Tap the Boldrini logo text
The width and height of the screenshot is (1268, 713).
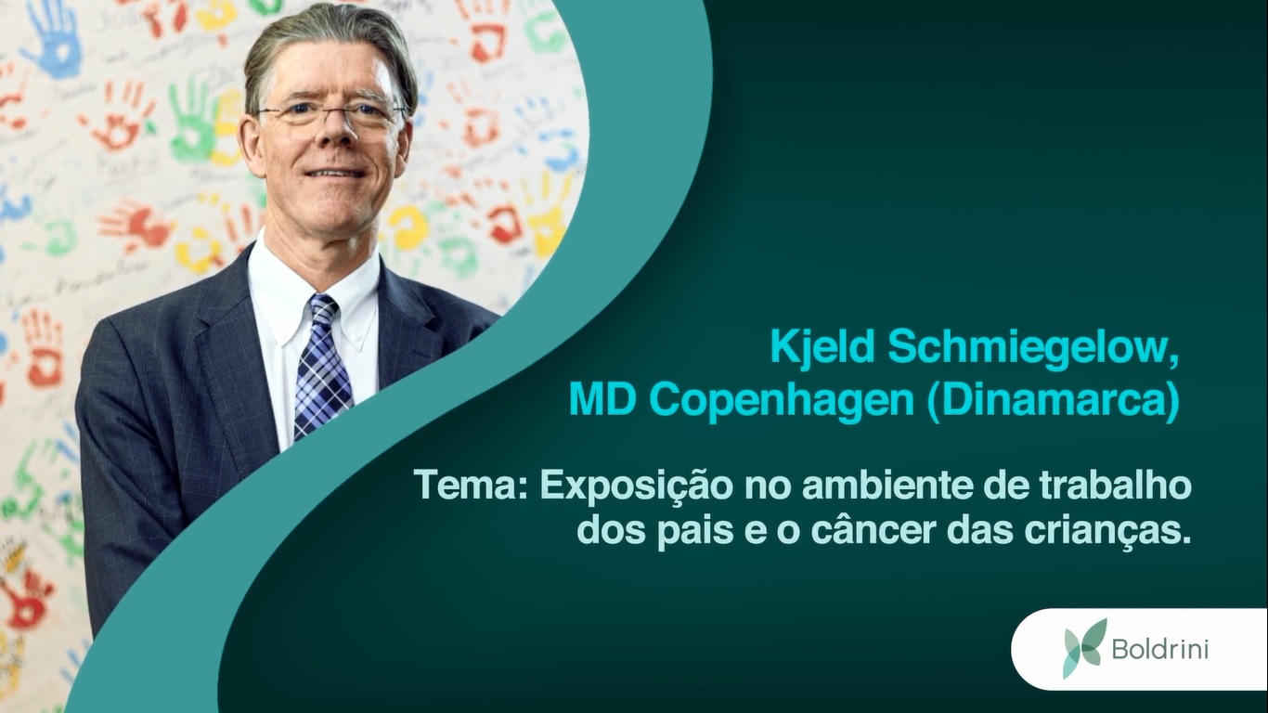pos(1160,648)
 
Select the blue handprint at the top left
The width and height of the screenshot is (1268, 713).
pos(53,34)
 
